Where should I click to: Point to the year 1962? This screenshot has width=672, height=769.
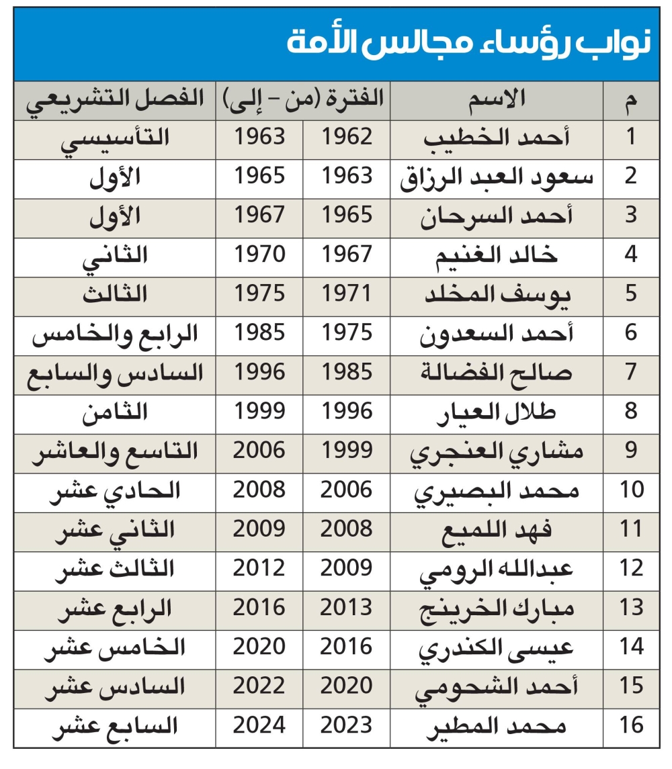point(346,137)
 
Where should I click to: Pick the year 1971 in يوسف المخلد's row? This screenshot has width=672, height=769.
point(346,293)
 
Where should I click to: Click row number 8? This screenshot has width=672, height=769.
point(630,410)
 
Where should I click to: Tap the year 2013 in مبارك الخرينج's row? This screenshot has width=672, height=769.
point(346,607)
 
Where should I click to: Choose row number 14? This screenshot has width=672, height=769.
point(630,646)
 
